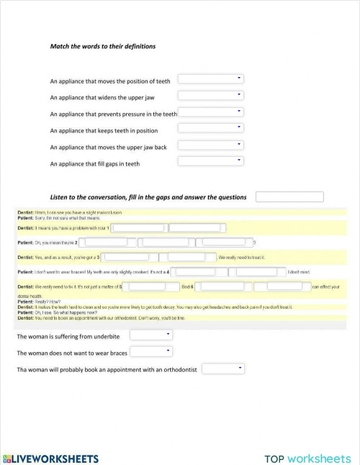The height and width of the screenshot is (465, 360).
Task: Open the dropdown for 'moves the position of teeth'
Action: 210,78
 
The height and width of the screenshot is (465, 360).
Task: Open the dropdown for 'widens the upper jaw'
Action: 210,95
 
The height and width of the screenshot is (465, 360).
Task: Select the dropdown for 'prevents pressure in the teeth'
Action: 210,112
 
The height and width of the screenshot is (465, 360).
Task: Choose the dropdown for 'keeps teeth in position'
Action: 210,128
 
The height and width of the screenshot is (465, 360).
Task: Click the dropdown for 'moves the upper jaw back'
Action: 210,145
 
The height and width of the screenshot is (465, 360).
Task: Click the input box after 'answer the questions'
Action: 289,197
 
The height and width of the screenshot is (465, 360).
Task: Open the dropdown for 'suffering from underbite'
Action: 150,335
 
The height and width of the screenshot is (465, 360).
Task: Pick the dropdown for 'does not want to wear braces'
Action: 150,351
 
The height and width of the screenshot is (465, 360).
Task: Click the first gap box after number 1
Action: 138,227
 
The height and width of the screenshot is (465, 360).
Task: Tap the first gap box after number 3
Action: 125,256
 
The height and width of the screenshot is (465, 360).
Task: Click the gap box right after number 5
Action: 150,286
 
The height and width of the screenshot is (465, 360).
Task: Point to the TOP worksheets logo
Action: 307,459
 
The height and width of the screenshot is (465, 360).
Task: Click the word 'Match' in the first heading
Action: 59,46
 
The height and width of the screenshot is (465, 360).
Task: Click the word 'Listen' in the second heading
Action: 60,197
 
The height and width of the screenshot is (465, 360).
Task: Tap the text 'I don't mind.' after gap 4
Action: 299,272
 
